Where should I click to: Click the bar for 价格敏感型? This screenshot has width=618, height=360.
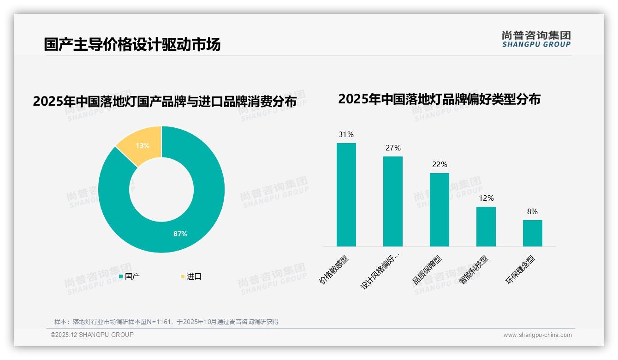346,195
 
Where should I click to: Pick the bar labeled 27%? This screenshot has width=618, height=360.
392,201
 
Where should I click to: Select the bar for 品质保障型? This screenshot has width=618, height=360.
439,210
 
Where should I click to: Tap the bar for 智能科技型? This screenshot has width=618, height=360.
486,227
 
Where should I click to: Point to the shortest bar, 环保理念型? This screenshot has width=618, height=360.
532,233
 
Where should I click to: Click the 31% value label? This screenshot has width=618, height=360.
346,135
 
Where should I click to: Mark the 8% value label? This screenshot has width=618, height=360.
532,212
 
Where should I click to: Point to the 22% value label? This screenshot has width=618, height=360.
439,165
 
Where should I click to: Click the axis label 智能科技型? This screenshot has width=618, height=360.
474,270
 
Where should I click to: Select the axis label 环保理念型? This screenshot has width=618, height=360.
521,270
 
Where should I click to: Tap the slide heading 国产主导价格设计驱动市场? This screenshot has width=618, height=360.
132,44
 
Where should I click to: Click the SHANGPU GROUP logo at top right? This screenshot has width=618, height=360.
536,39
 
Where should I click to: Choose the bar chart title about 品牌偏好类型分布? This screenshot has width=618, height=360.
439,99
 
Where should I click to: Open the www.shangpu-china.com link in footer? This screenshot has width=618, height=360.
537,335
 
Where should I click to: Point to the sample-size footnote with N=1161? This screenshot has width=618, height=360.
166,322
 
